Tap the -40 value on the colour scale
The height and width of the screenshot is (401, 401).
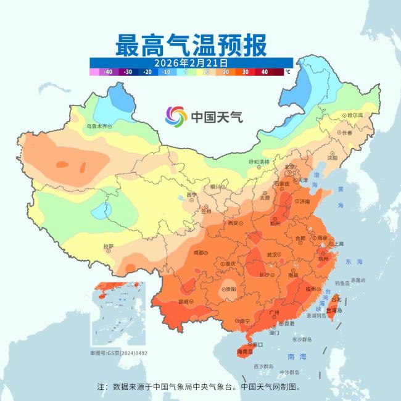click(x=108, y=72)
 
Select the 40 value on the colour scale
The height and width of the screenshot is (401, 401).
click(x=264, y=72)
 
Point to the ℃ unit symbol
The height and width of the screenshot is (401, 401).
click(x=287, y=72)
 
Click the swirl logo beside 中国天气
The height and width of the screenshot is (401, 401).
click(x=176, y=116)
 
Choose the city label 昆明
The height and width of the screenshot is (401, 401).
click(x=184, y=302)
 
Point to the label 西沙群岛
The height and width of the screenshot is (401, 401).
click(x=263, y=366)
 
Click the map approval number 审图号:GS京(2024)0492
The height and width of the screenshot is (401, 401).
click(x=119, y=353)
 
